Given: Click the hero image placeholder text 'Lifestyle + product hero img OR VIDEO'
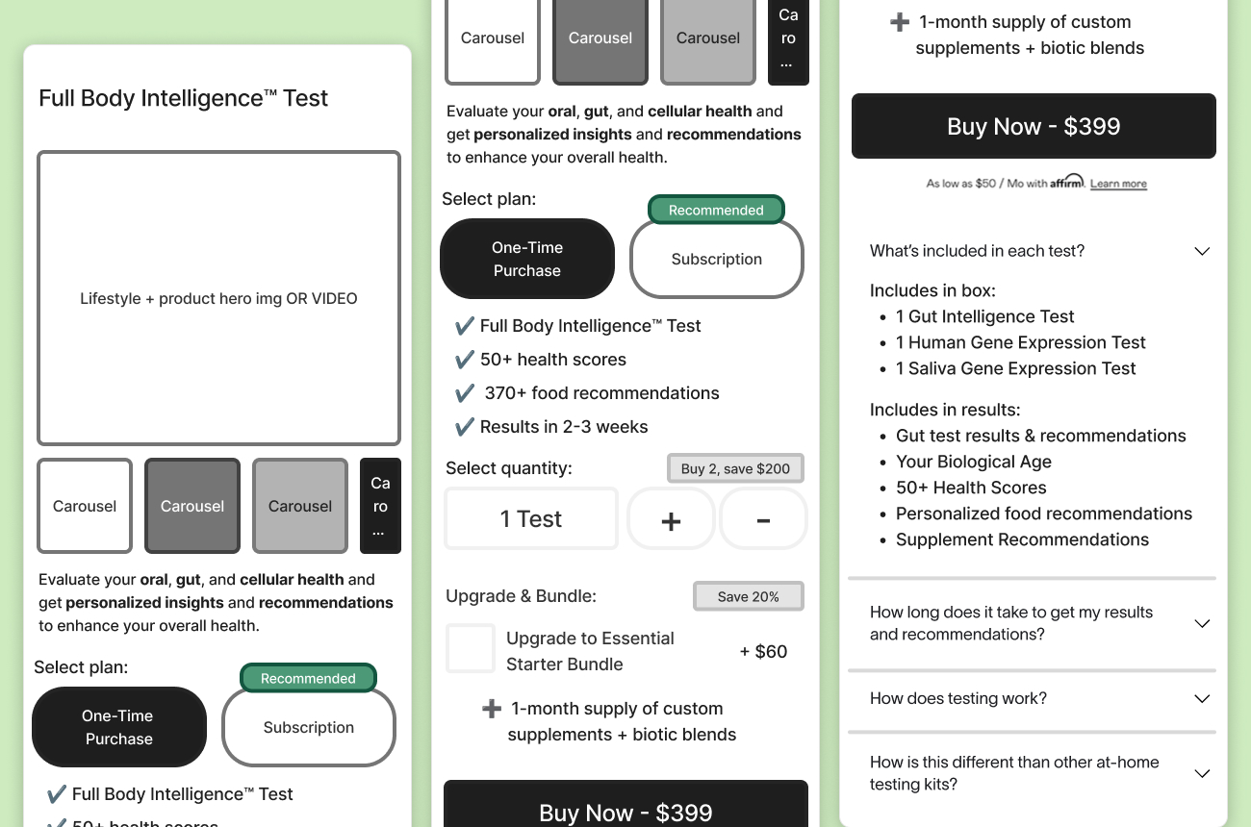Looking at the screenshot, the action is (x=218, y=298).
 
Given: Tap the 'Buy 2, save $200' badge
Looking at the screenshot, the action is (x=735, y=468).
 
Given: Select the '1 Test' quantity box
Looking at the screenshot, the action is (x=531, y=519).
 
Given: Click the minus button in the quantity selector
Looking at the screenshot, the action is (x=763, y=519).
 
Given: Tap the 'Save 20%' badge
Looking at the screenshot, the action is (x=749, y=596).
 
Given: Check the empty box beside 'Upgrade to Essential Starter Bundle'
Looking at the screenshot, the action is (x=471, y=648).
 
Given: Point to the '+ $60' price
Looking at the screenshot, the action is (x=763, y=651).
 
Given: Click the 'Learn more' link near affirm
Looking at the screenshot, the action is (x=1118, y=184).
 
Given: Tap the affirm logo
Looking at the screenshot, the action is (x=1066, y=182).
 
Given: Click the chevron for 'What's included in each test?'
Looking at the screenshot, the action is (x=1202, y=251).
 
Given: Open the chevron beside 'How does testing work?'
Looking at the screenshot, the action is (x=1202, y=699).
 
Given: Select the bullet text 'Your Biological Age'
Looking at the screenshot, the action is (x=974, y=462).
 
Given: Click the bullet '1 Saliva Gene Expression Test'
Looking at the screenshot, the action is (x=1015, y=368).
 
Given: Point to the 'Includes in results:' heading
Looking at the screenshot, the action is (x=945, y=410).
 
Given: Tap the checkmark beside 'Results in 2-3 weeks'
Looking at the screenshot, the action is (x=465, y=427).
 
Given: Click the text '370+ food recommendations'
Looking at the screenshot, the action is (x=601, y=393).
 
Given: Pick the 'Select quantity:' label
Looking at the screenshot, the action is (x=509, y=468).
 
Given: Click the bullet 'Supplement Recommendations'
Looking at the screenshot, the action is (x=1022, y=539).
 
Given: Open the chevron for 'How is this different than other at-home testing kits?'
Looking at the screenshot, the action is (x=1202, y=773).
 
